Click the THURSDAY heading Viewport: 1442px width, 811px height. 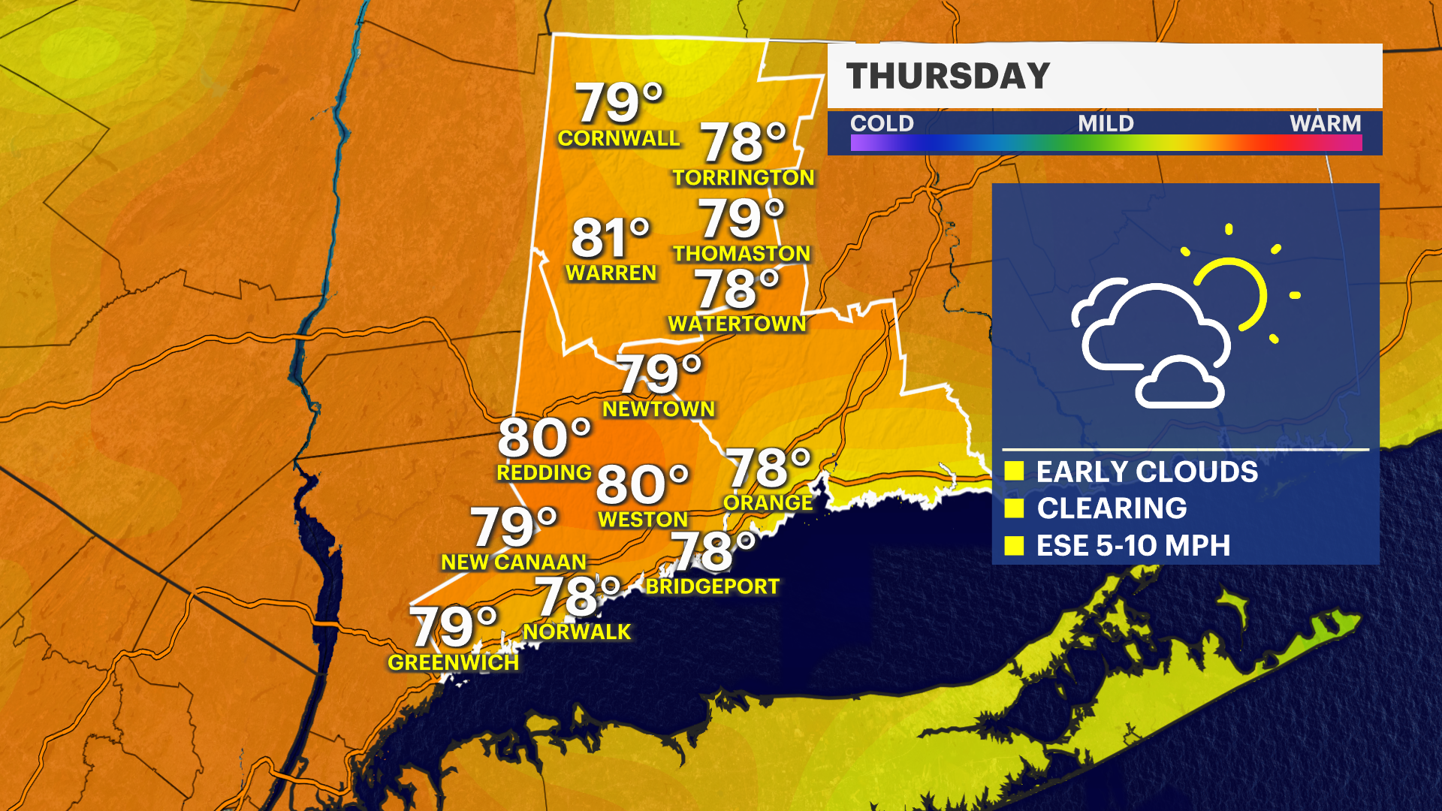948,77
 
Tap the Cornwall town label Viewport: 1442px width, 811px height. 618,139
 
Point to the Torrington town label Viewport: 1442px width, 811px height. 743,178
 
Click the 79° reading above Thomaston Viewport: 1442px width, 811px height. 741,219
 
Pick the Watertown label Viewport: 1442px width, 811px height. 737,324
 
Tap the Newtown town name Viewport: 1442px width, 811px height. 659,409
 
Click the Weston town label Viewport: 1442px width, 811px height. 643,520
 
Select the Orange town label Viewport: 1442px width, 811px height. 768,503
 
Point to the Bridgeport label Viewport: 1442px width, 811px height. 713,587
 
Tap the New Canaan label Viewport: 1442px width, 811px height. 514,562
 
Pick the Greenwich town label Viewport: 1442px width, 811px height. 454,663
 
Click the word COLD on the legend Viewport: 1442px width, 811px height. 882,124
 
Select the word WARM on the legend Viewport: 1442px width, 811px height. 1325,124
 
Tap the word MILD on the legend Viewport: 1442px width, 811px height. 1106,124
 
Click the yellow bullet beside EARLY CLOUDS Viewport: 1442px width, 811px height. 1014,472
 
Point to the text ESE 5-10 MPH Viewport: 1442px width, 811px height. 1133,546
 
